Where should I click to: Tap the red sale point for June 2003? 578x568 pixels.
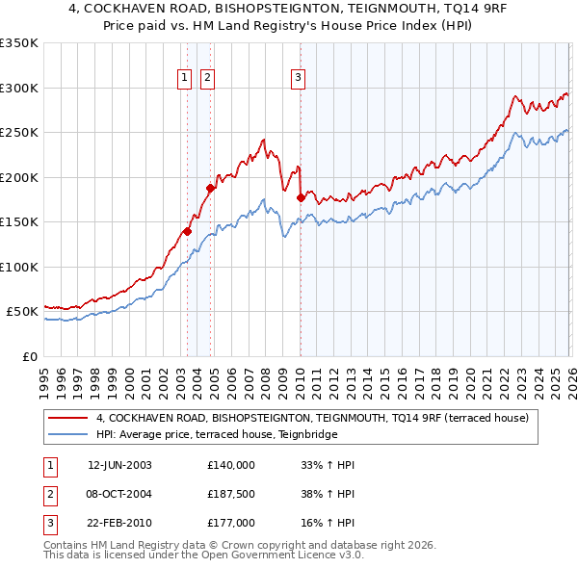187,231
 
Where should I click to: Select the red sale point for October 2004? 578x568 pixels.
210,189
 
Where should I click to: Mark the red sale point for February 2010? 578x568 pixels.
301,197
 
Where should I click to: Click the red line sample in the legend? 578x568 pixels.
68,418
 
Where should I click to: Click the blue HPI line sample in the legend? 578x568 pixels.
68,435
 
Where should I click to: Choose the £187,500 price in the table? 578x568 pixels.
231,494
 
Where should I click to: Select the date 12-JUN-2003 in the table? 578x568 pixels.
119,465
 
